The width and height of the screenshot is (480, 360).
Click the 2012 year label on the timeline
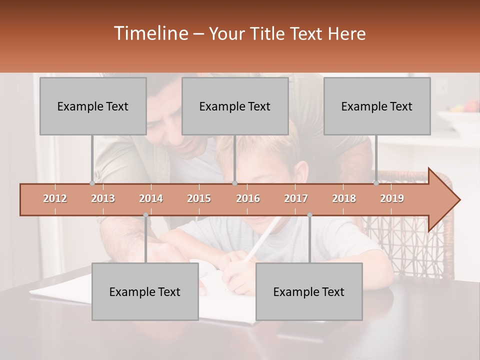55,198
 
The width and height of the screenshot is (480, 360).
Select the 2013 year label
103,198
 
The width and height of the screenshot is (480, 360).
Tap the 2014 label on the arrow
151,198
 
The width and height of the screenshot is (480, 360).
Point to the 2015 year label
199,198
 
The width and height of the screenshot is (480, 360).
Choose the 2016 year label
248,198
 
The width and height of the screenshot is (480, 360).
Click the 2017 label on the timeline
296,198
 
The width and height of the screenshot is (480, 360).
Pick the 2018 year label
344,198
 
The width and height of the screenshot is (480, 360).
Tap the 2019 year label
392,198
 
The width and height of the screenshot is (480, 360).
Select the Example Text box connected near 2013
93,106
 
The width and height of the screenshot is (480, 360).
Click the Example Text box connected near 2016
235,106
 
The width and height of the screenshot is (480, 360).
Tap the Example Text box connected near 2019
377,106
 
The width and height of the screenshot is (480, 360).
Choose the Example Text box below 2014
145,291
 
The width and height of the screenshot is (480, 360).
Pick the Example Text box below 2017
309,291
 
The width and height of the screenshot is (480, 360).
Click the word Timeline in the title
150,33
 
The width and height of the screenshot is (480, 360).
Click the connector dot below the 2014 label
145,215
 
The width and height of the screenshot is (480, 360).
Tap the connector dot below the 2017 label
309,215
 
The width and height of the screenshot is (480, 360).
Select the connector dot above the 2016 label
234,183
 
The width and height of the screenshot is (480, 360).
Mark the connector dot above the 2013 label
92,183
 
